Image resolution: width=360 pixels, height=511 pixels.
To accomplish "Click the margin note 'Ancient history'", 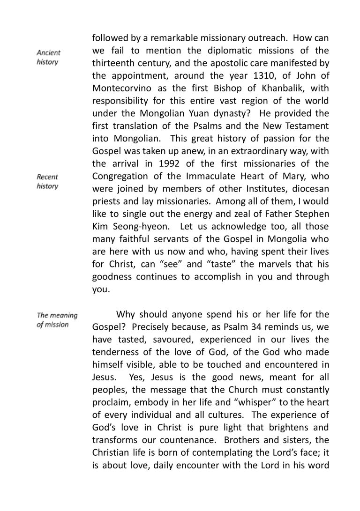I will click(x=48, y=58).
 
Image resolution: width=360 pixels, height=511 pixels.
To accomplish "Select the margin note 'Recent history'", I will click(x=48, y=182).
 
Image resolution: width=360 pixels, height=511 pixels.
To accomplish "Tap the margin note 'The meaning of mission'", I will click(x=57, y=320).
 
